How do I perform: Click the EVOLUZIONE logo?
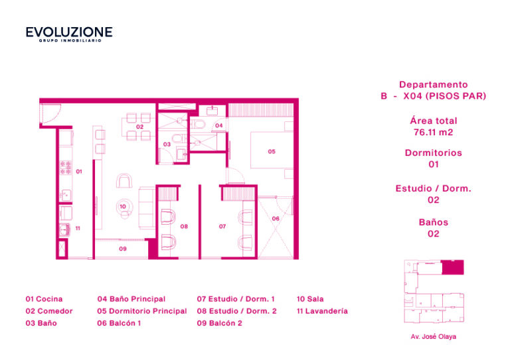tap(69, 34)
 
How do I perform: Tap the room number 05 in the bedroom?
tap(272, 152)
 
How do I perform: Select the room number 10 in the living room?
tap(123, 206)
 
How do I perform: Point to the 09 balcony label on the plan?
tap(123, 249)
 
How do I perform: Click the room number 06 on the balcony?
tap(276, 219)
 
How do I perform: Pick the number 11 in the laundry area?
tap(78, 228)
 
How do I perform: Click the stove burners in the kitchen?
tap(66, 168)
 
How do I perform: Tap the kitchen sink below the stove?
tap(65, 195)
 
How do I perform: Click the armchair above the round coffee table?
tap(124, 180)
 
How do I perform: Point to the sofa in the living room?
tap(147, 208)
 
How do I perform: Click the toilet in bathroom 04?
tap(198, 124)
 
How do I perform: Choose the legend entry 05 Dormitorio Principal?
tap(142, 311)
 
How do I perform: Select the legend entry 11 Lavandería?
tap(322, 311)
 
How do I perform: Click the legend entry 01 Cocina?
tap(44, 299)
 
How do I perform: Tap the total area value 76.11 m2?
tap(433, 132)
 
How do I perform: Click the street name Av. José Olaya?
tap(433, 337)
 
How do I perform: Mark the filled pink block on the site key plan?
tap(452, 267)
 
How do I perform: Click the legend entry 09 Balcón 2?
tap(219, 323)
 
